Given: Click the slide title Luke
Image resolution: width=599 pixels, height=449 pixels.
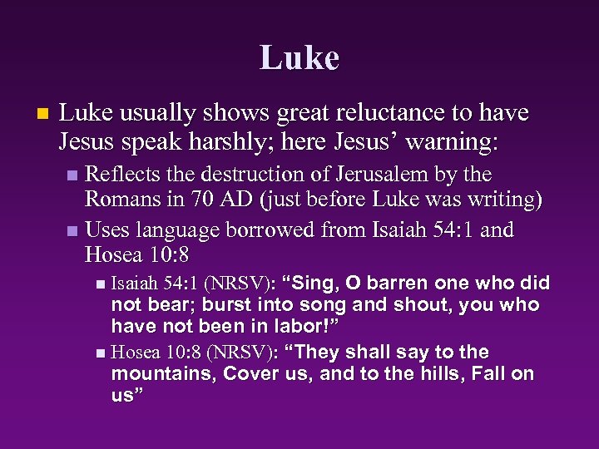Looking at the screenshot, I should point(299,58).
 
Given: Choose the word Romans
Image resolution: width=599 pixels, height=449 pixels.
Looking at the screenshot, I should point(124,201).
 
